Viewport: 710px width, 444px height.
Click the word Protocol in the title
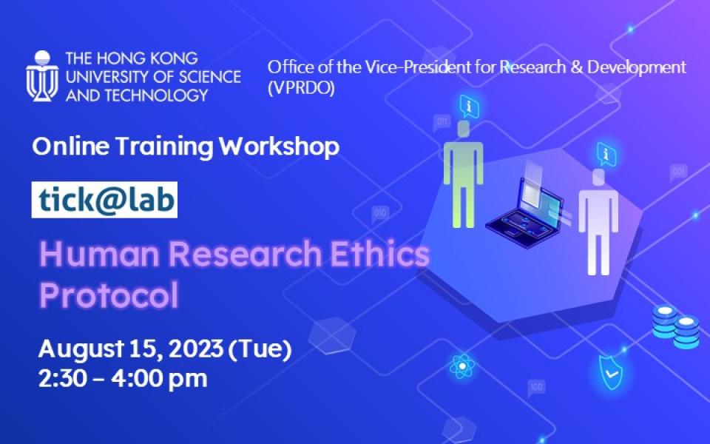click(x=109, y=295)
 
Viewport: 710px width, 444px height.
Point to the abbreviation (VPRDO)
click(x=302, y=89)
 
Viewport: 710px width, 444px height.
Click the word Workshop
click(x=279, y=147)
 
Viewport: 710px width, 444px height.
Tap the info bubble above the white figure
click(x=607, y=154)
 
